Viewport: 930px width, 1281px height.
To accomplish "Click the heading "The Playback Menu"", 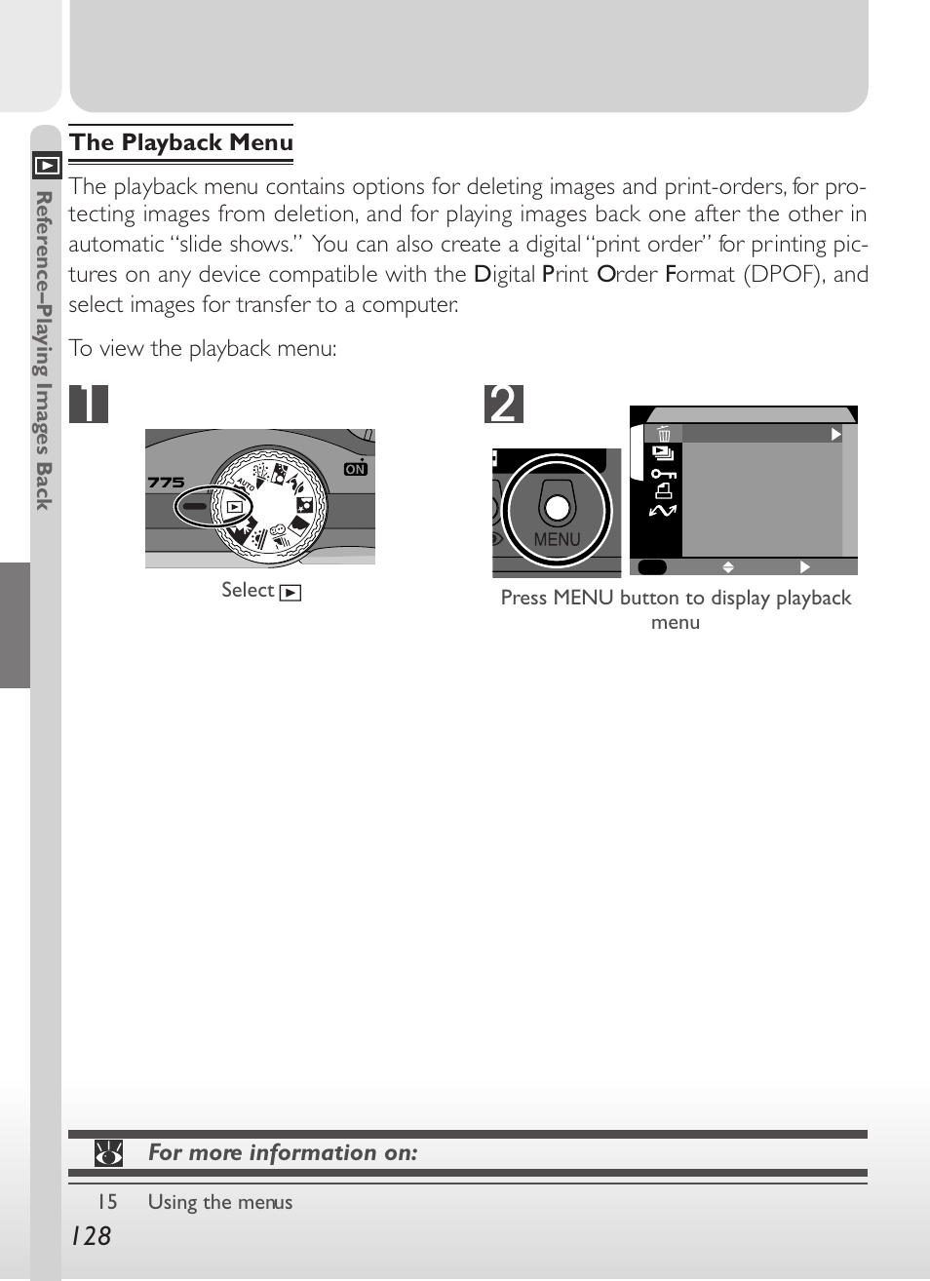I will pyautogui.click(x=181, y=142).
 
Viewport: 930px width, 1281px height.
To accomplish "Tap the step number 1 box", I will pyautogui.click(x=89, y=404).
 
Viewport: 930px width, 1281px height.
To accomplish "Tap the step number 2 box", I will pyautogui.click(x=504, y=404).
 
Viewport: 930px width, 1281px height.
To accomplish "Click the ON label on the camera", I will pyautogui.click(x=356, y=469).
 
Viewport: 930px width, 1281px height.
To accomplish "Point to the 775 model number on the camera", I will pyautogui.click(x=166, y=482).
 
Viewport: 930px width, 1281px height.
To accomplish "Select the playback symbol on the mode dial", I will pyautogui.click(x=234, y=507).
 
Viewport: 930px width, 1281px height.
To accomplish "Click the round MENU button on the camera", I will pyautogui.click(x=558, y=507).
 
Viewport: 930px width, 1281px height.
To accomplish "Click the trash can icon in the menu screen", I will pyautogui.click(x=664, y=434).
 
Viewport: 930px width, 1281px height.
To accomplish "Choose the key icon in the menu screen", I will pyautogui.click(x=664, y=474).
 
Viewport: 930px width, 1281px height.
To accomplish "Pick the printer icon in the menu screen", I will pyautogui.click(x=664, y=491).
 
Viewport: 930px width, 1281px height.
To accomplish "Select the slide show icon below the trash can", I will pyautogui.click(x=664, y=453).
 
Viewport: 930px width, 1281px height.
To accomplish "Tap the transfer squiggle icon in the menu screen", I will pyautogui.click(x=663, y=510).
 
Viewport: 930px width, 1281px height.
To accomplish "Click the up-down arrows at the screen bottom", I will pyautogui.click(x=728, y=566).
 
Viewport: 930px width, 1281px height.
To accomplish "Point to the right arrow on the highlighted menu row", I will pyautogui.click(x=835, y=434).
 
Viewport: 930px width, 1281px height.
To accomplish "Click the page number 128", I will pyautogui.click(x=92, y=1236).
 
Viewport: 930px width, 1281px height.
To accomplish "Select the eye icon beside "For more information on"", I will pyautogui.click(x=108, y=1153).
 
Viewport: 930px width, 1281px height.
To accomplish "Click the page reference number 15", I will pyautogui.click(x=107, y=1202).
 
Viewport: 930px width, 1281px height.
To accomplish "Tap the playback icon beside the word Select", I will pyautogui.click(x=291, y=592).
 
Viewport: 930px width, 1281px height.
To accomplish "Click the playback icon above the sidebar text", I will pyautogui.click(x=47, y=165).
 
